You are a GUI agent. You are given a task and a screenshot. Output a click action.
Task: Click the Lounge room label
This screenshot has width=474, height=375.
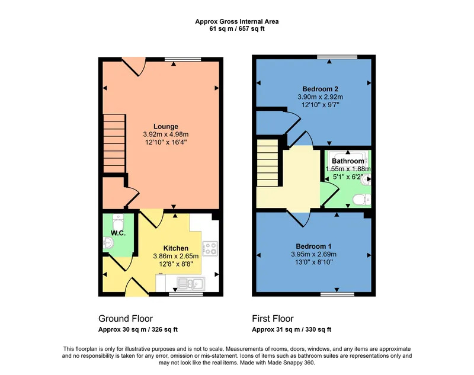click(x=166, y=127)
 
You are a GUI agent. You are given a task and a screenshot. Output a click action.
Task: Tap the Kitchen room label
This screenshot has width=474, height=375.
click(x=175, y=248)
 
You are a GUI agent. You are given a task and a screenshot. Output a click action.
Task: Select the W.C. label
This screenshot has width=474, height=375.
click(x=118, y=233)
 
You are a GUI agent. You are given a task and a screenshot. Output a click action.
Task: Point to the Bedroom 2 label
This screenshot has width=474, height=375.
click(x=320, y=89)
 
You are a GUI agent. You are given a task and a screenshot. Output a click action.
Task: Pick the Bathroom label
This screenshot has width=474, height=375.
click(x=348, y=161)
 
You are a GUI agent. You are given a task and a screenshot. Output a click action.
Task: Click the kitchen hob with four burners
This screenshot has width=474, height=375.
click(x=210, y=248)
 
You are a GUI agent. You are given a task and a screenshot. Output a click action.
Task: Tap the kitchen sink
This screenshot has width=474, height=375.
click(x=191, y=284)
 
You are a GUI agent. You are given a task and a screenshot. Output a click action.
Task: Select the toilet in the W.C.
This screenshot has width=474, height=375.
click(x=118, y=222)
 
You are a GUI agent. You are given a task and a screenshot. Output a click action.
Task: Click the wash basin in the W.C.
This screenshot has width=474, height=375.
click(x=108, y=243)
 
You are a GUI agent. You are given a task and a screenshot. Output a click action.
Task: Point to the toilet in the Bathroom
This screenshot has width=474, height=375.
click(x=361, y=200)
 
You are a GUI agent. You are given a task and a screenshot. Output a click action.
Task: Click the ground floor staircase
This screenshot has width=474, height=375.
click(x=114, y=143)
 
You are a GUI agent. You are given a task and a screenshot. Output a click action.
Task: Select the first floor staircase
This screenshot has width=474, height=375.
click(x=268, y=162)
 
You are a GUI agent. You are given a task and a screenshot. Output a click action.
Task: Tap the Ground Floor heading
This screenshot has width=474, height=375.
click(x=126, y=319)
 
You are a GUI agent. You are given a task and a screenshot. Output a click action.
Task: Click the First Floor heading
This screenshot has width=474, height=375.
click(x=273, y=319)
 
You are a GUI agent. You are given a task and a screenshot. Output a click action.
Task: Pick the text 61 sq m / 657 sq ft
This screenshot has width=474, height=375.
click(x=236, y=29)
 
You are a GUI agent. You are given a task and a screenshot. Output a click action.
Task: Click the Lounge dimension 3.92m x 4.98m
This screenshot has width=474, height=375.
click(x=166, y=134)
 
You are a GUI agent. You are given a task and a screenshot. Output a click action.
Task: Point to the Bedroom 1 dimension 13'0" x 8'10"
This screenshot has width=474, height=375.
click(x=313, y=262)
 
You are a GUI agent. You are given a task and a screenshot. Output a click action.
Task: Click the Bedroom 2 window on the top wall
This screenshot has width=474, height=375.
click(x=337, y=57)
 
